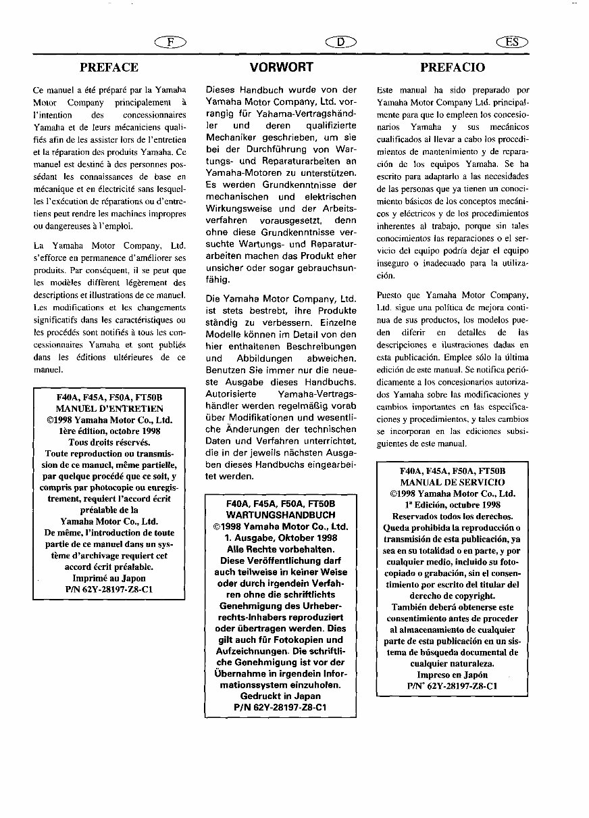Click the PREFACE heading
pos(109,67)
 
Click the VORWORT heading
pos(281,67)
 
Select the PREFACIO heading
pos(452,67)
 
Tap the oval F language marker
pos(170,42)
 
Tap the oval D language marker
pos(340,42)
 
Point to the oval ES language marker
pos(512,42)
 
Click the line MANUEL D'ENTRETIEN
pos(109,408)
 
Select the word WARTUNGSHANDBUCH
pos(280,514)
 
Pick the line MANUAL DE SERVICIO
pos(452,482)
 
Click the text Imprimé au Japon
pos(109,578)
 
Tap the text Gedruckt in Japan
pos(280,696)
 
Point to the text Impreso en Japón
pos(452,675)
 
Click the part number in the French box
pos(109,589)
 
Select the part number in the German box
pos(280,707)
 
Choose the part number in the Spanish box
pos(452,685)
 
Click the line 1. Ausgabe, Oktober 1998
pos(280,537)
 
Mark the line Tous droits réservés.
pos(109,442)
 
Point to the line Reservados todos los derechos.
pos(452,516)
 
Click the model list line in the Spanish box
pos(452,471)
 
